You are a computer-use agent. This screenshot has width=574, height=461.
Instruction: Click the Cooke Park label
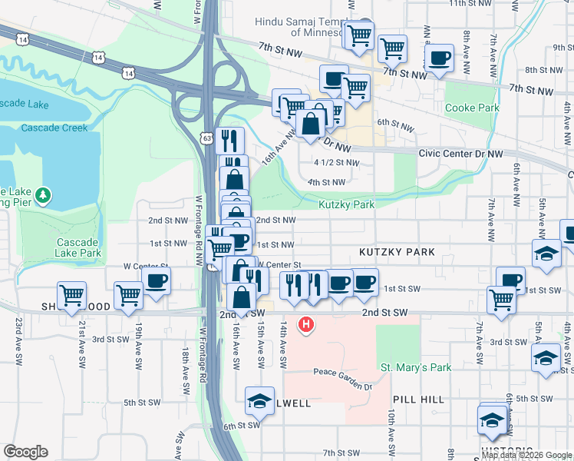pos(472,108)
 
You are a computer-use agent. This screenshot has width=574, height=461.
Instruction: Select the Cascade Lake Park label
pos(78,247)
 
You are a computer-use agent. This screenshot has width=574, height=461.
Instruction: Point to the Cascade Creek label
pos(54,128)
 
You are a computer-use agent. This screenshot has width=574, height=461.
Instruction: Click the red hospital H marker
pos(307,325)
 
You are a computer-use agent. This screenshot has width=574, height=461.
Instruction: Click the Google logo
pos(26,452)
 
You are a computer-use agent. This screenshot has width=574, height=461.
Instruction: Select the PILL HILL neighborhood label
pos(418,400)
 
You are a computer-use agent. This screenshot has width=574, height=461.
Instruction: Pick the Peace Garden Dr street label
pos(341,373)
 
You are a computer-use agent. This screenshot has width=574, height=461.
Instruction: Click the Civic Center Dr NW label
pos(460,154)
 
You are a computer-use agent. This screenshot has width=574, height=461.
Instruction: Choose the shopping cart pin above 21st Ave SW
pos(71,294)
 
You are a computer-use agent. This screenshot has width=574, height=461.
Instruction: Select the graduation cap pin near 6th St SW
pos(259,401)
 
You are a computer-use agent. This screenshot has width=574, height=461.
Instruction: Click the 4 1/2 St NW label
pos(336,163)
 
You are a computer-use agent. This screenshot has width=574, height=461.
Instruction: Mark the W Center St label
pos(146,267)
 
